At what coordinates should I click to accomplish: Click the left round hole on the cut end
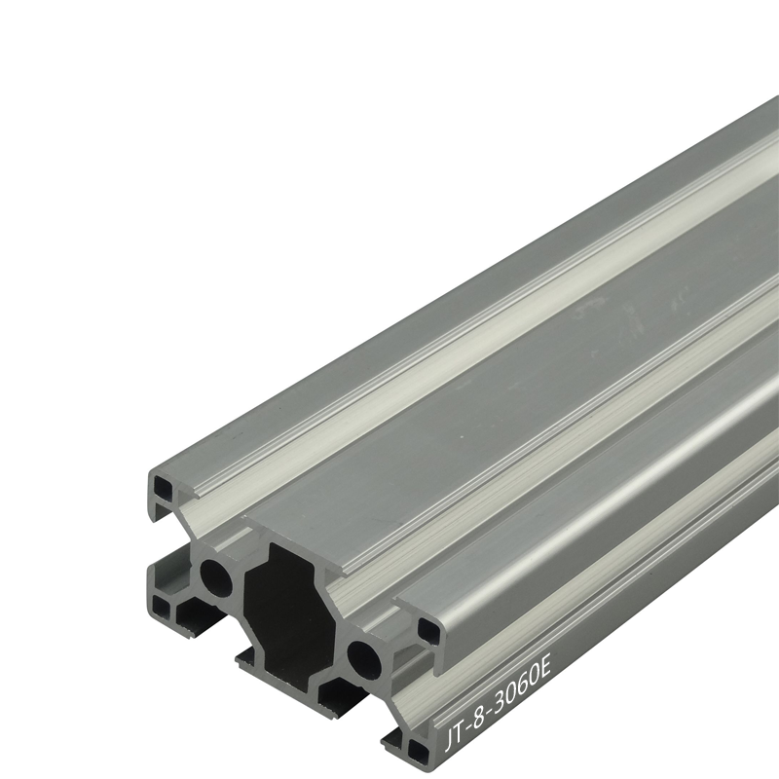pos(216,576)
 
